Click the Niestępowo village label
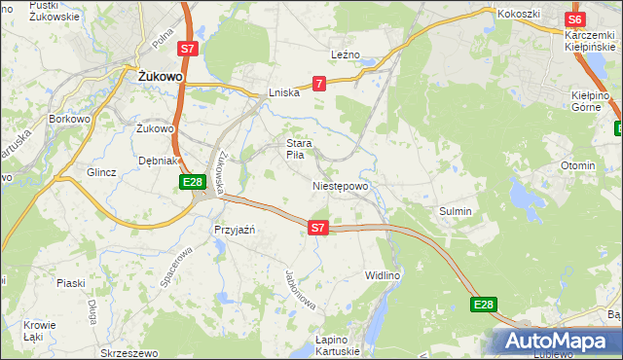(341, 186)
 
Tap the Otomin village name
(577, 165)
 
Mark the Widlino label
(383, 276)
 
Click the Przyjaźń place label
(234, 230)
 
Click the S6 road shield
(574, 19)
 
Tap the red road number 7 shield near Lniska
(318, 85)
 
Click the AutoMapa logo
(558, 342)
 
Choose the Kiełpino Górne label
(590, 101)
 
